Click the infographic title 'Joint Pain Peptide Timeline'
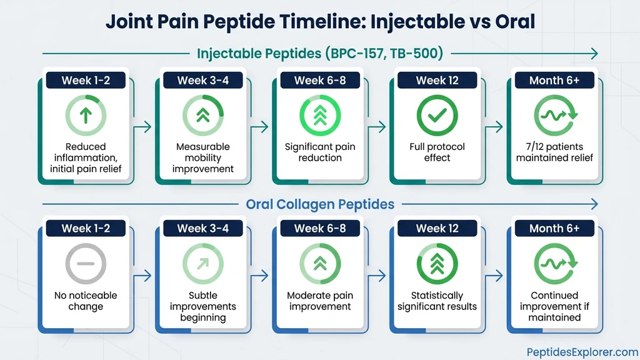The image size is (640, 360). pyautogui.click(x=320, y=21)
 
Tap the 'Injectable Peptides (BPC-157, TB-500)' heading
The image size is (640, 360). pyautogui.click(x=320, y=54)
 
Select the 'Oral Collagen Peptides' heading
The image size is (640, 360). pyautogui.click(x=320, y=204)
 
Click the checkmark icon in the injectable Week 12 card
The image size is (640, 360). pyautogui.click(x=437, y=115)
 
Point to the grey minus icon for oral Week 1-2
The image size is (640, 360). pyautogui.click(x=86, y=264)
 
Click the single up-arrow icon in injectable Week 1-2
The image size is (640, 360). pyautogui.click(x=86, y=115)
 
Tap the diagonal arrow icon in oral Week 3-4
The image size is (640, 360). pyautogui.click(x=202, y=264)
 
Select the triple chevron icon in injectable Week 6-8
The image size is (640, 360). pyautogui.click(x=320, y=115)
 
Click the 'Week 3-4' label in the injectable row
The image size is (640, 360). pyautogui.click(x=202, y=80)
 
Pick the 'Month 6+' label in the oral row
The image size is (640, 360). pyautogui.click(x=554, y=228)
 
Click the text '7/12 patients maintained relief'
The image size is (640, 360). pyautogui.click(x=554, y=152)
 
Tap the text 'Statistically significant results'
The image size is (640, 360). pyautogui.click(x=437, y=301)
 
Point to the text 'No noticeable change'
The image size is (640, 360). pyautogui.click(x=86, y=301)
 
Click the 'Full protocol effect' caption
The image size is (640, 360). pyautogui.click(x=437, y=152)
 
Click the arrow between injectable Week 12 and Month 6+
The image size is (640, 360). pyautogui.click(x=494, y=127)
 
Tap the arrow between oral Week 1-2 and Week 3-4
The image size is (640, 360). pyautogui.click(x=143, y=276)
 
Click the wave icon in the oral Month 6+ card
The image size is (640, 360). pyautogui.click(x=554, y=264)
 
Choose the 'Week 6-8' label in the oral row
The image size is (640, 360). pyautogui.click(x=320, y=228)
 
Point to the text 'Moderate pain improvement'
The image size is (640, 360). pyautogui.click(x=320, y=301)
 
